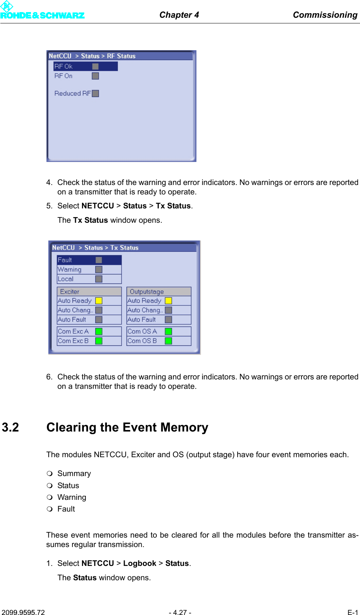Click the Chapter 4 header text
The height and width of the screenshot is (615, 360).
tap(179, 15)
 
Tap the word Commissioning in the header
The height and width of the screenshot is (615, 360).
tap(325, 15)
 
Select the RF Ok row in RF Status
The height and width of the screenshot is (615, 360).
tap(85, 66)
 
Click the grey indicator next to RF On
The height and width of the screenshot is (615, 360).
tap(96, 76)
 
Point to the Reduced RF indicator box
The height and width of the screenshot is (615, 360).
tap(96, 93)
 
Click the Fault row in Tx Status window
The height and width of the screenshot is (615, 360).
tap(89, 260)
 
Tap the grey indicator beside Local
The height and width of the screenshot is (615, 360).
tap(99, 279)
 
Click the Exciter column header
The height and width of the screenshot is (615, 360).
tap(89, 291)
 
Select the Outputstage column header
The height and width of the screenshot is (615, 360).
tap(159, 291)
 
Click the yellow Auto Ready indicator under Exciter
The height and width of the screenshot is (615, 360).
tap(99, 301)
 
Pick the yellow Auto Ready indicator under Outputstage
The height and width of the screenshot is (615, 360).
tap(168, 301)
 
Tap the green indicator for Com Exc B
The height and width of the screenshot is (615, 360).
tap(99, 341)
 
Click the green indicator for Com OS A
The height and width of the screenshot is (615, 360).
tap(168, 331)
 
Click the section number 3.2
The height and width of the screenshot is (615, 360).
tap(11, 427)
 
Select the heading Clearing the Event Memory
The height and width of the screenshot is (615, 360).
tap(127, 427)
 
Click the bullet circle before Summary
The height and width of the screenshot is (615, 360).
tap(49, 473)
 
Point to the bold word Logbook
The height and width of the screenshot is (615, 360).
tap(139, 563)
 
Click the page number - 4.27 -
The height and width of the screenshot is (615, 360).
tap(180, 612)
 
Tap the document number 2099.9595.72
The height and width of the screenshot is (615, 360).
tap(23, 612)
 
